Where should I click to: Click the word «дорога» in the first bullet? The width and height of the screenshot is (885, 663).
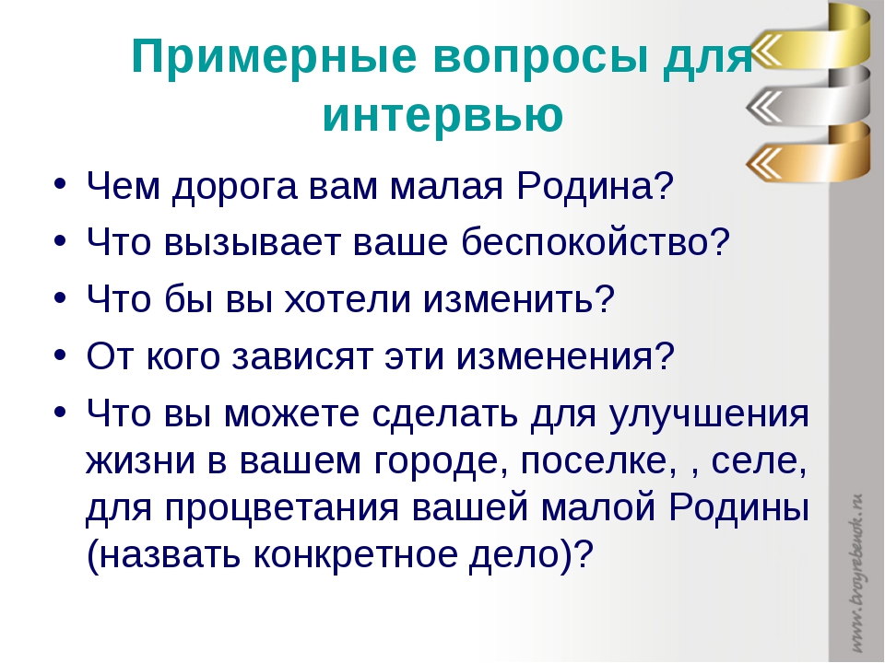pyautogui.click(x=234, y=186)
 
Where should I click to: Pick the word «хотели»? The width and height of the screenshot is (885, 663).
pyautogui.click(x=348, y=298)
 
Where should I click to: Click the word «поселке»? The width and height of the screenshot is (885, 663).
pyautogui.click(x=598, y=461)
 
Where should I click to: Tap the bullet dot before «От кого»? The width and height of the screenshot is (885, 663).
pyautogui.click(x=61, y=355)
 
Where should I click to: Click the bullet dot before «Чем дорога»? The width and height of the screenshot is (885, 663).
pyautogui.click(x=61, y=184)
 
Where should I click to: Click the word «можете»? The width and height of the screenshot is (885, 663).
pyautogui.click(x=291, y=415)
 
